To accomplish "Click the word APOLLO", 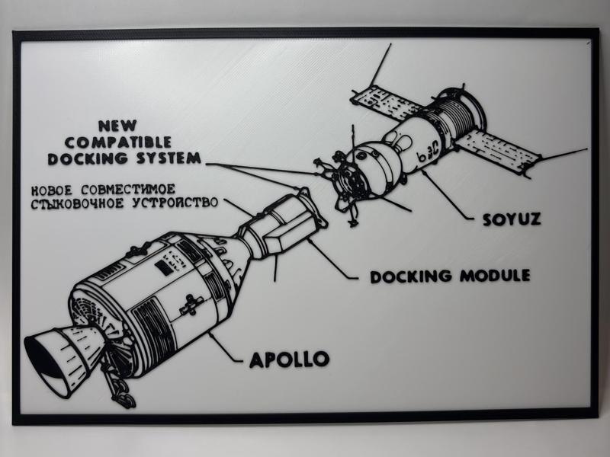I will pyautogui.click(x=289, y=358).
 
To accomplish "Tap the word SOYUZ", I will pyautogui.click(x=511, y=219).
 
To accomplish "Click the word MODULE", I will pyautogui.click(x=494, y=275).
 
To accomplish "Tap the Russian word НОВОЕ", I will pyautogui.click(x=54, y=189).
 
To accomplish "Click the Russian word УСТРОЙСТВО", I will pyautogui.click(x=179, y=204).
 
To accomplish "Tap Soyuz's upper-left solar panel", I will pyautogui.click(x=385, y=103).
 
